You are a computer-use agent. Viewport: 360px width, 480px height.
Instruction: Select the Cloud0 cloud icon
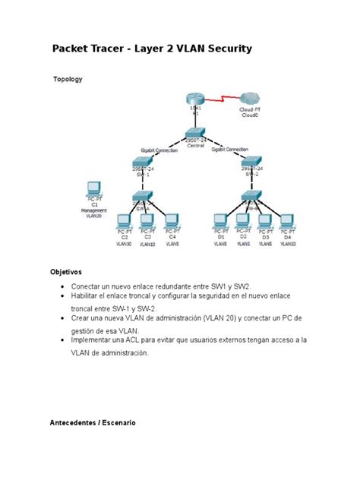point(250,98)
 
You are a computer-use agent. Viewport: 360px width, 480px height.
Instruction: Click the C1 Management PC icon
point(94,188)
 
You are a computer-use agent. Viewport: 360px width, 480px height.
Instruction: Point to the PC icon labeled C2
point(125,221)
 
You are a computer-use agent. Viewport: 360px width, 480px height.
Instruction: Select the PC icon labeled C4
point(172,221)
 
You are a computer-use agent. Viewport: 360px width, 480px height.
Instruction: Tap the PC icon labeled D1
point(220,221)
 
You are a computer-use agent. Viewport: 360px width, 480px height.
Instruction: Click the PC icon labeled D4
point(287,221)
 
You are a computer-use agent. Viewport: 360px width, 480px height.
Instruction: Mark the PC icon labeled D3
point(265,221)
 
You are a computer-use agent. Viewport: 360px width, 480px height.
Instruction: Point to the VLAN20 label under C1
point(93,216)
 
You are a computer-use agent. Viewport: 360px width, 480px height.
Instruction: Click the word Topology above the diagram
point(68,79)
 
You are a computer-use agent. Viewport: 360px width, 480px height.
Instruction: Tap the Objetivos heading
point(66,271)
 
